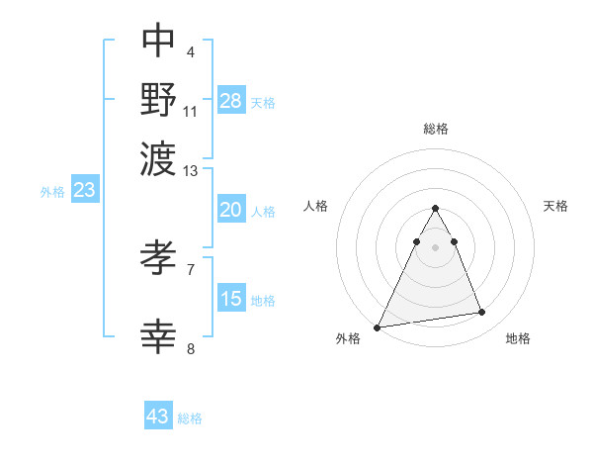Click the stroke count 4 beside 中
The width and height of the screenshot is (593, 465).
[x=191, y=50]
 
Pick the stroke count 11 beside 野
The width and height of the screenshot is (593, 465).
[x=191, y=109]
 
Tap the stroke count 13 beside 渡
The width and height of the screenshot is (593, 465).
[x=191, y=171]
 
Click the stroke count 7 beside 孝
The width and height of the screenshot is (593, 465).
[x=191, y=268]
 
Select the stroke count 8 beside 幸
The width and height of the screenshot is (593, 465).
[x=191, y=347]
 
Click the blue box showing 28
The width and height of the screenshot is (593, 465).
[x=231, y=100]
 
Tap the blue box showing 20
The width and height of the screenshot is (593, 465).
[x=231, y=210]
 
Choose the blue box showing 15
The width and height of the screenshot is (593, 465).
[x=231, y=298]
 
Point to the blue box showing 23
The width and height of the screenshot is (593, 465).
[x=84, y=190]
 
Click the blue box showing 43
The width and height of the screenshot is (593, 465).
[x=158, y=417]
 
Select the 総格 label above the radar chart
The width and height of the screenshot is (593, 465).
[x=436, y=129]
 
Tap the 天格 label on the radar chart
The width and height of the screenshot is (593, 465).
[x=556, y=206]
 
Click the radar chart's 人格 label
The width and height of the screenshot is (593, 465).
[x=316, y=206]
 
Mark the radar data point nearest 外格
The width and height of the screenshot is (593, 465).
[x=377, y=326]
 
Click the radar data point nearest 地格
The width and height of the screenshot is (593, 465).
[x=482, y=313]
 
